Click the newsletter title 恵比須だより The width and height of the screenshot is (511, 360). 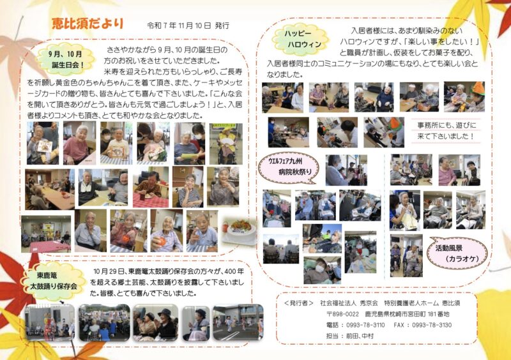pos(88,24)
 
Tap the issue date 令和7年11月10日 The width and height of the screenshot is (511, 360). pos(179,26)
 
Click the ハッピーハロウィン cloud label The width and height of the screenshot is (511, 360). pos(300,39)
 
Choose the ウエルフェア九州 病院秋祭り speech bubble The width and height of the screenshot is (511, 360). pos(288,167)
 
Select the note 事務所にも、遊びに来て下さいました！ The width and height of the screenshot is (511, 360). pos(446,131)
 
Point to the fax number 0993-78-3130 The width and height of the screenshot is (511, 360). pos(432,325)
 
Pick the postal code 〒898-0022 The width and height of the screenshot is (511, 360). pos(342,314)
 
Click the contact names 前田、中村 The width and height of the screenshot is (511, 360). pos(360,336)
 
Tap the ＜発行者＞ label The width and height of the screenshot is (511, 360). pos(298,303)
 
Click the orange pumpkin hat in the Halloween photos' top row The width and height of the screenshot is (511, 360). pos(478,89)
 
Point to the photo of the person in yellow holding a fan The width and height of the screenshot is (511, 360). pos(226,144)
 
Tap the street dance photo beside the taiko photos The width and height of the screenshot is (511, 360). pos(238,322)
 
